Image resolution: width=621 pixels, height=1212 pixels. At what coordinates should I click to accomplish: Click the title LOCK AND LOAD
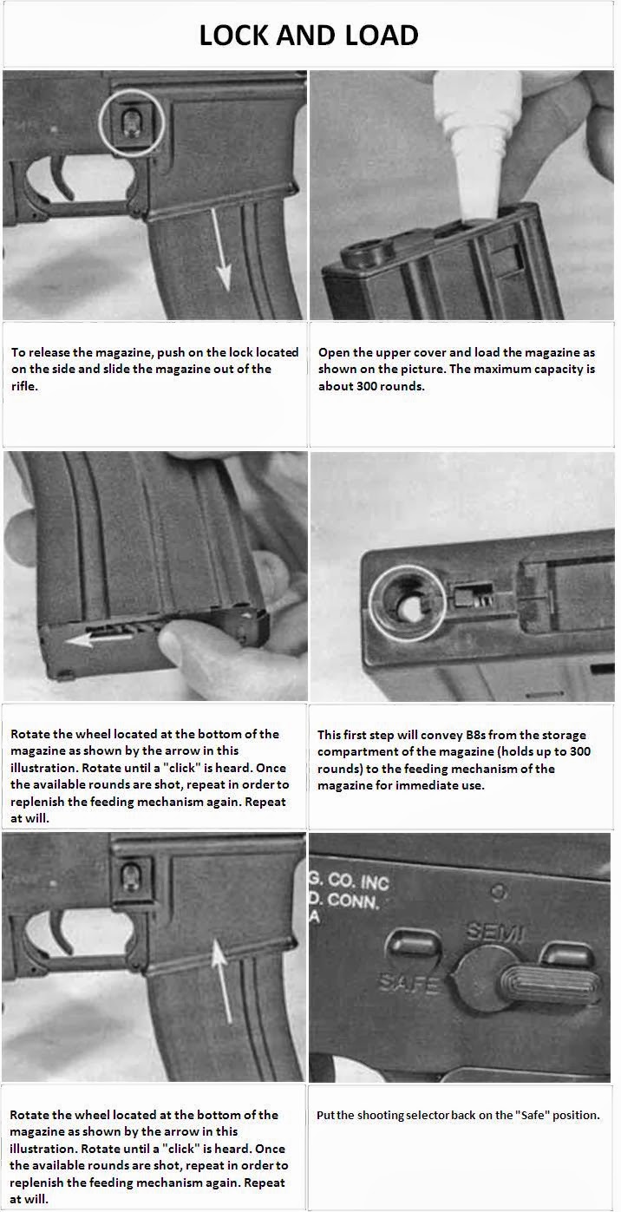tap(309, 36)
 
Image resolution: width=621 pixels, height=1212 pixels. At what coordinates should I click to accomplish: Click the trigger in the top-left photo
tap(62, 177)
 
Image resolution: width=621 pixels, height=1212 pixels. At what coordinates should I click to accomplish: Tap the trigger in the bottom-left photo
tap(61, 932)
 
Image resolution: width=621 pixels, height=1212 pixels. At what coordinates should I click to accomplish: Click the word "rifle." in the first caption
tap(25, 386)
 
